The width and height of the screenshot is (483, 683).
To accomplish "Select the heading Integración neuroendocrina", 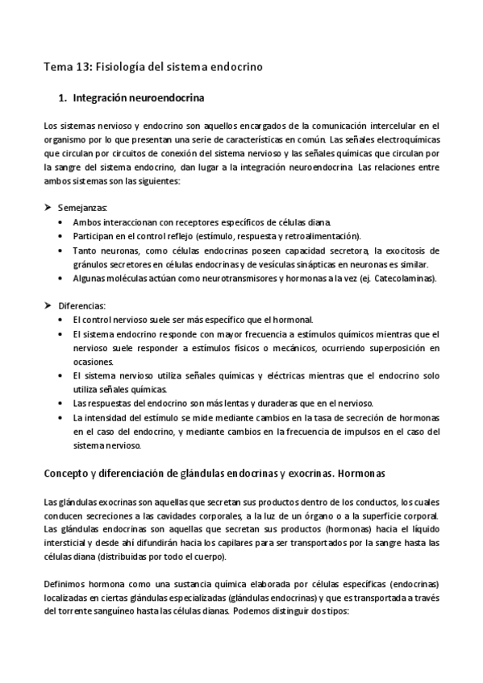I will pyautogui.click(x=139, y=99).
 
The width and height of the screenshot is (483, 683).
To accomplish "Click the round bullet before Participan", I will pyautogui.click(x=63, y=236).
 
